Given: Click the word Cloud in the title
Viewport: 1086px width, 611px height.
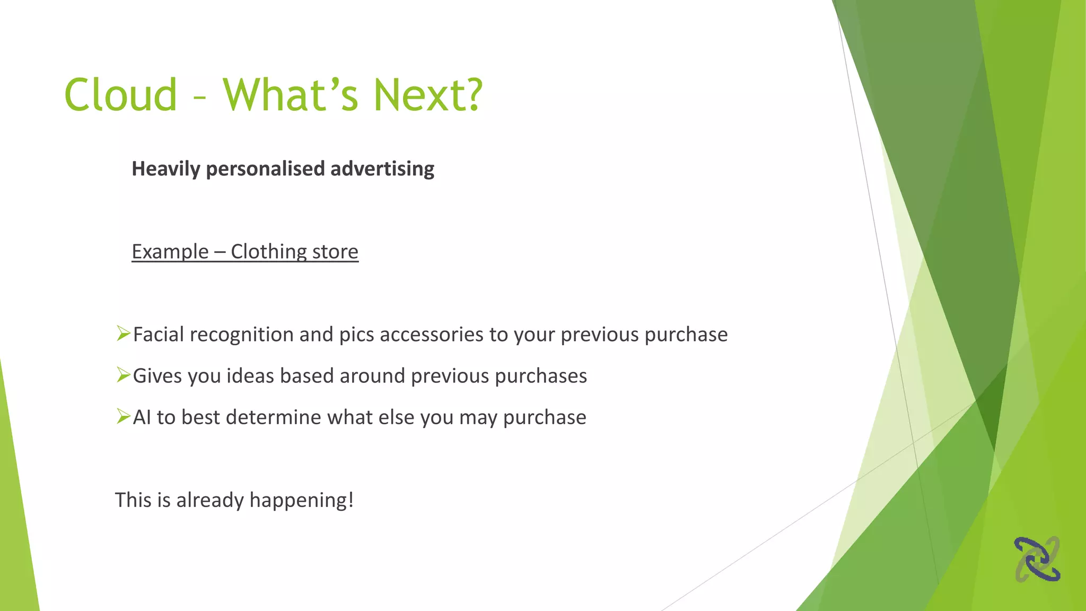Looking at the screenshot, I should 120,95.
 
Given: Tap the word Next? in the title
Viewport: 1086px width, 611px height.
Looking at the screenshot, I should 427,95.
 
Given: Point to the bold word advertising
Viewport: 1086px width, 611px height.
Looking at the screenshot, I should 382,169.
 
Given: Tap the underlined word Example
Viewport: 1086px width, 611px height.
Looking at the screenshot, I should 170,252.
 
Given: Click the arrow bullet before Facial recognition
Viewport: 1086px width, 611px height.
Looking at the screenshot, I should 123,334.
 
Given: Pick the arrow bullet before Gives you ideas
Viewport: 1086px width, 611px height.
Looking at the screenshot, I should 123,375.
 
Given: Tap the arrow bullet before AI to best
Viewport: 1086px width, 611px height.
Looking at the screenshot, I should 123,416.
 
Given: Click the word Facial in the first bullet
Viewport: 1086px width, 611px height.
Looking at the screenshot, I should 158,335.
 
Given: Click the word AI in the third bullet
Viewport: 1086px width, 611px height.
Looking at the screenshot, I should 142,417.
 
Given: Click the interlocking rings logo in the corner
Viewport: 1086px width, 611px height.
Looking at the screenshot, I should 1037,559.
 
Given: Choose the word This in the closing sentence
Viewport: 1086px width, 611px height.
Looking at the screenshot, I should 133,500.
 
